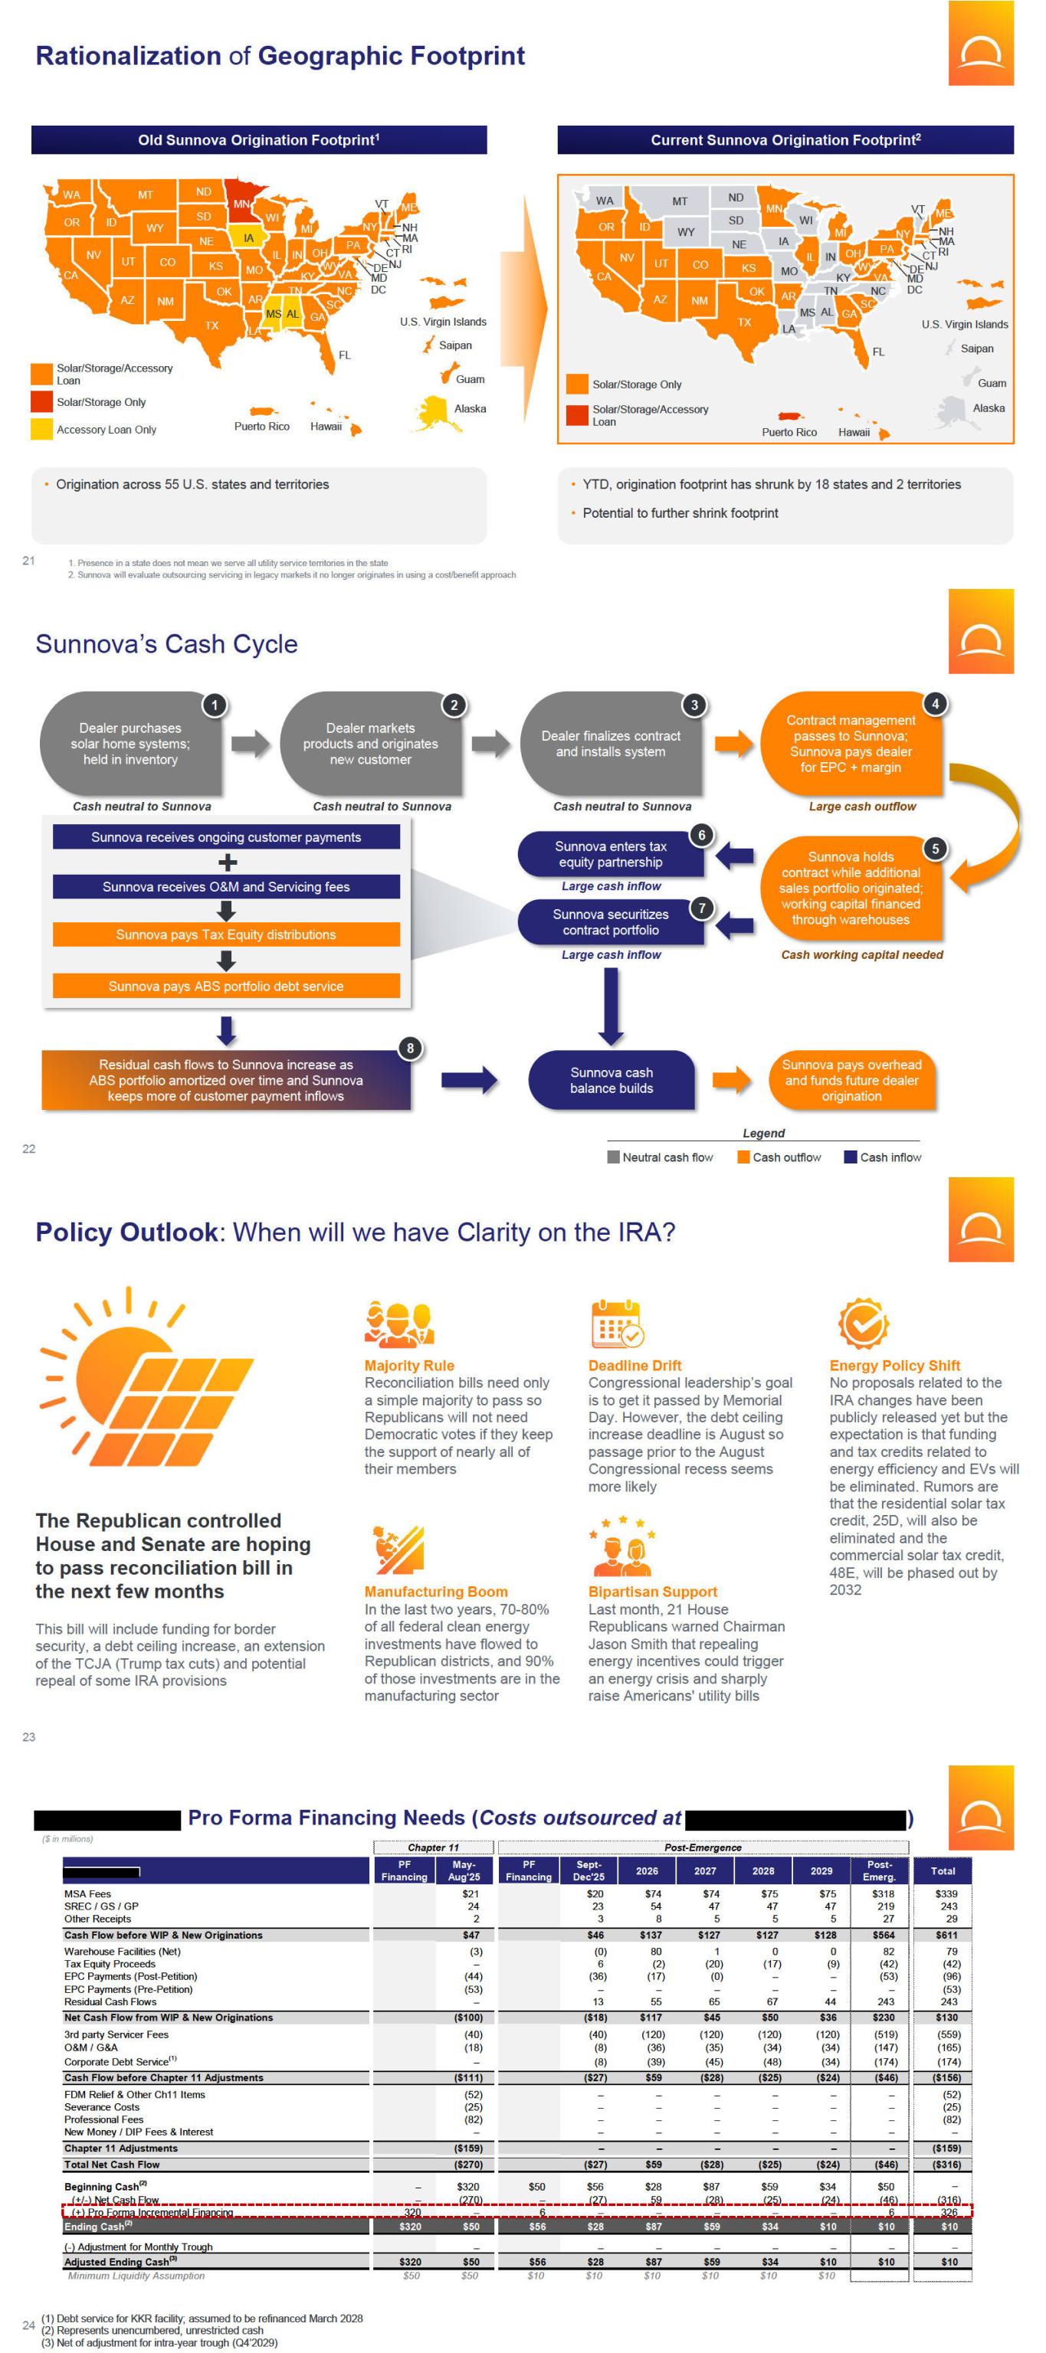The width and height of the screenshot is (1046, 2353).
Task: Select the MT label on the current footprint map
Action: point(680,201)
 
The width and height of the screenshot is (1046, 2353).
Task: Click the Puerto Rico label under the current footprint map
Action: point(789,432)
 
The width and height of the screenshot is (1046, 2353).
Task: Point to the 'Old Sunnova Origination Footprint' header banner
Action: point(258,139)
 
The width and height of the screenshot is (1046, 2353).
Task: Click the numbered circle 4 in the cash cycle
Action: point(935,703)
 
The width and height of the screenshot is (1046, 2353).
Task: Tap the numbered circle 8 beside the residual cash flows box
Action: point(410,1048)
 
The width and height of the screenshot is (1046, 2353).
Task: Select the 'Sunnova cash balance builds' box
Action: point(612,1080)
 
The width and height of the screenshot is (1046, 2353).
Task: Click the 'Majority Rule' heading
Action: point(409,1365)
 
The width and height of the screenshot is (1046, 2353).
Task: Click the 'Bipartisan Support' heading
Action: point(652,1591)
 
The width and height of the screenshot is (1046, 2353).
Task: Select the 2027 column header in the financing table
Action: point(704,1870)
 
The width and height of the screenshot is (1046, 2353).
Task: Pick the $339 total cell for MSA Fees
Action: point(946,1893)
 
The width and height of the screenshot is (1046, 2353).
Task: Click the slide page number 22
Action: point(28,1148)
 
